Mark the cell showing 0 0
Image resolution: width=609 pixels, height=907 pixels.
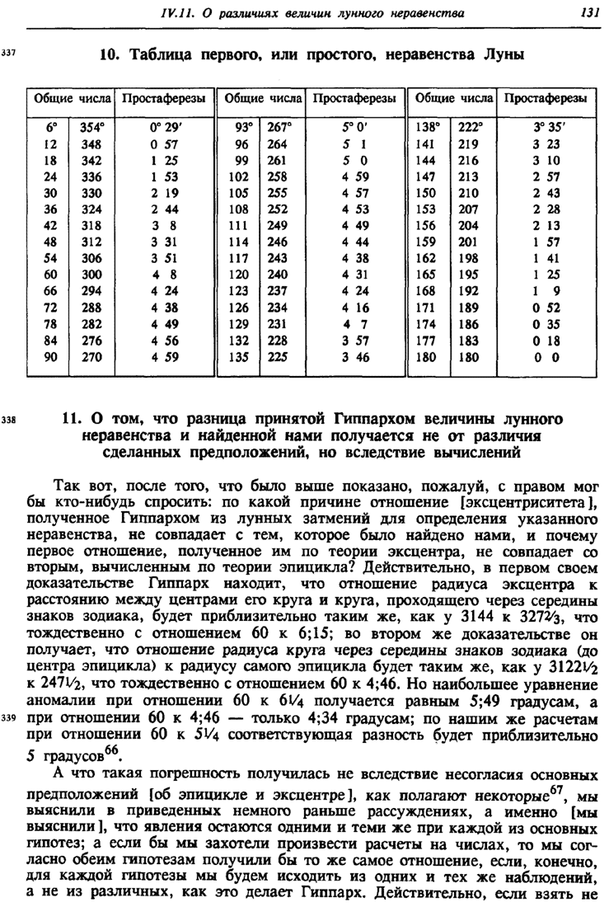[546, 358]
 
